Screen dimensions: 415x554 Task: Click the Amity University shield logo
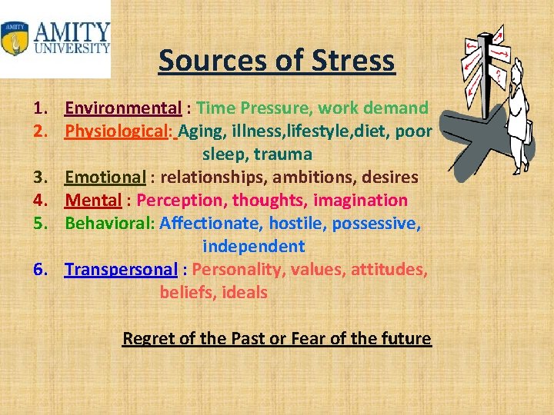[x=15, y=38]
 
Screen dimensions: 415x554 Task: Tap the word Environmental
[x=123, y=108]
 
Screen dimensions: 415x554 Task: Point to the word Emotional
[x=105, y=177]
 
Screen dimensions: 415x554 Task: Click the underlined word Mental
[x=93, y=200]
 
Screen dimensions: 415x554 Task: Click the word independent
[x=254, y=246]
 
